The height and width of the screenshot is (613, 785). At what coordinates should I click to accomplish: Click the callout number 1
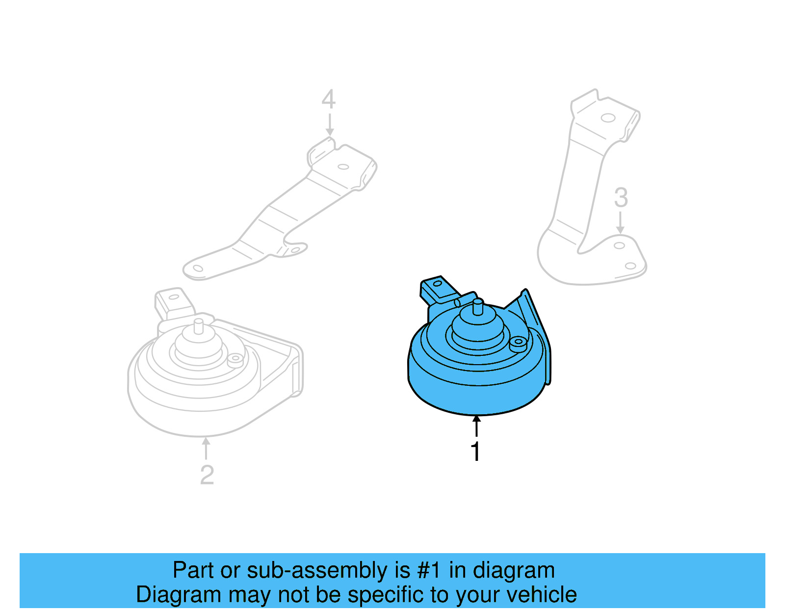tap(475, 451)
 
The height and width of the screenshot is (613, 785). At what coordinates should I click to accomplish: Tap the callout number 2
tap(207, 475)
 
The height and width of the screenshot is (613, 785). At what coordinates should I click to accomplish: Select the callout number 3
tap(621, 197)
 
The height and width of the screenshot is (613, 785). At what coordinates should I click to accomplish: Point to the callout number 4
tap(328, 99)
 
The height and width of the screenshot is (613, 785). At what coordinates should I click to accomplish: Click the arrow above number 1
tap(476, 426)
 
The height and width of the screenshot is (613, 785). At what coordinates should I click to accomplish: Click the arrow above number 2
tap(206, 448)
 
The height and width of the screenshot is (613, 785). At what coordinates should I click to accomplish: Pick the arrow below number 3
tap(621, 223)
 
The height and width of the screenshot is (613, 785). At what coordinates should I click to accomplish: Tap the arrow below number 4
tap(330, 125)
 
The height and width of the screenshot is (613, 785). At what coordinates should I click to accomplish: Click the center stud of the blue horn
tap(477, 308)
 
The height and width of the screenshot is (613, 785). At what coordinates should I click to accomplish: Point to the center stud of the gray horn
tap(198, 325)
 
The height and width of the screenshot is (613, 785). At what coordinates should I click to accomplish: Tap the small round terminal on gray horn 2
tap(235, 358)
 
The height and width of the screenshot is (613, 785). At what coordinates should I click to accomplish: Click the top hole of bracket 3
tap(608, 118)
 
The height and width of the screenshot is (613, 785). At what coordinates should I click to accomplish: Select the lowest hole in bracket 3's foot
tap(630, 266)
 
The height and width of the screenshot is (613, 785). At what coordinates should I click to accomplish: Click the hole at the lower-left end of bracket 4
tap(198, 268)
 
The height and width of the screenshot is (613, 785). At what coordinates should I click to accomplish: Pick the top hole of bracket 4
tap(343, 166)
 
